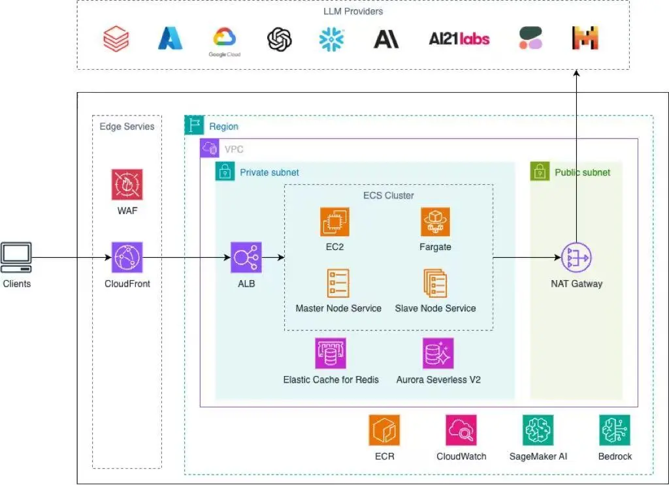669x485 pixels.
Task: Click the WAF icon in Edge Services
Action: point(127,185)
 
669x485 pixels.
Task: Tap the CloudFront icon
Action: point(127,257)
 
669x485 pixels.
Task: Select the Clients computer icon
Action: point(16,257)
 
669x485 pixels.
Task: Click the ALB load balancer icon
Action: point(246,257)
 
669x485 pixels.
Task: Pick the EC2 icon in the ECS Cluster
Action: point(334,222)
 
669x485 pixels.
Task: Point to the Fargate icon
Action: point(435,222)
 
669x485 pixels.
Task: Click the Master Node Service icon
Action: point(338,283)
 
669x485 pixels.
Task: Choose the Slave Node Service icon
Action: point(435,283)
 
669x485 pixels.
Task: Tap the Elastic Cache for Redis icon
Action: point(331,354)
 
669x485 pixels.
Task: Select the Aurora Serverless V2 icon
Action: point(438,354)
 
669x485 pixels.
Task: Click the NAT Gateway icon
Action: point(576,258)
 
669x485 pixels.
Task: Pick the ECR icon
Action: point(384,430)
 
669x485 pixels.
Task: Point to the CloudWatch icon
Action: point(461,430)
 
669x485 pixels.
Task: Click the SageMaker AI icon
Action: point(538,430)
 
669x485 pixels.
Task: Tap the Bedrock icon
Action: point(615,430)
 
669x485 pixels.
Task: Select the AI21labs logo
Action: point(459,39)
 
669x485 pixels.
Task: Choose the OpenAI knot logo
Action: point(280,39)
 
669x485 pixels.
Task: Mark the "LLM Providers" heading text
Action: point(353,11)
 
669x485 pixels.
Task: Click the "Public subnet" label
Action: point(583,172)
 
